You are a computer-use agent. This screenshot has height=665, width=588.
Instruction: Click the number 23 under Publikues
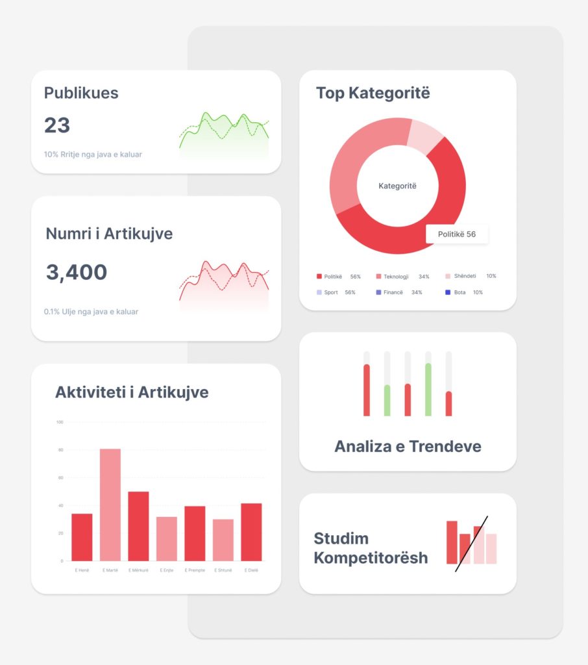[57, 125]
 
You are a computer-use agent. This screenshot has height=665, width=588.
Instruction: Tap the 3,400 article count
[77, 272]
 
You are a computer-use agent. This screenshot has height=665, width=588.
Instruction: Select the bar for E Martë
[110, 505]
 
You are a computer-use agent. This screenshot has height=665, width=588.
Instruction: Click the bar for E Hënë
[82, 537]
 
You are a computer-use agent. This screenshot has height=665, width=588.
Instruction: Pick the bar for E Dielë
[251, 532]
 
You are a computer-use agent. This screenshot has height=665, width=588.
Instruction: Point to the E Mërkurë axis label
[138, 570]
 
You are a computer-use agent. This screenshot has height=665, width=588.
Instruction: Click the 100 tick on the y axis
[60, 422]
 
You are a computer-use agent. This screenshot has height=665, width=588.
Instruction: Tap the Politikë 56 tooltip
[457, 234]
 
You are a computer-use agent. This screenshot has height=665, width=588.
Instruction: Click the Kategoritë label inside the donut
[397, 186]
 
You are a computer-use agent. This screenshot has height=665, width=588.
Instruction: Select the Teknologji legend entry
[396, 277]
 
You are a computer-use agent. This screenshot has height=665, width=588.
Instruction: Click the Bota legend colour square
[448, 292]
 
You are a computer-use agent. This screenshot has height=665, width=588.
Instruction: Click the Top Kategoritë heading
[373, 93]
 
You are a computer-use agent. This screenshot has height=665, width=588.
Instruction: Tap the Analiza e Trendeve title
[408, 447]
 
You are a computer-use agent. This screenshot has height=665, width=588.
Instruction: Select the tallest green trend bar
[428, 390]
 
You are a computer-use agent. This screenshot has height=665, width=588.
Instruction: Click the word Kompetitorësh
[371, 558]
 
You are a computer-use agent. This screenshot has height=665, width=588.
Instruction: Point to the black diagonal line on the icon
[472, 544]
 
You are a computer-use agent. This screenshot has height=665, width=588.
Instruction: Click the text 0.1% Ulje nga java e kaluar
[91, 312]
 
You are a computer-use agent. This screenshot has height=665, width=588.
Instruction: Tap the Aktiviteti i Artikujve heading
[132, 392]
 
